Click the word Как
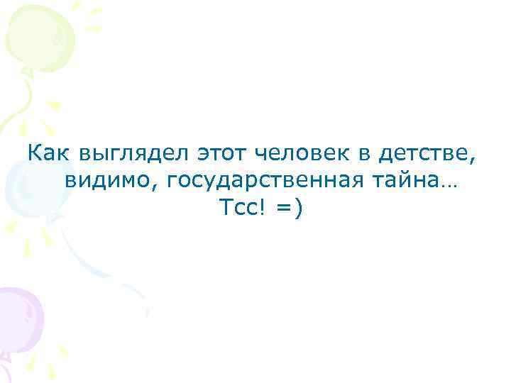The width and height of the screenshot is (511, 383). coord(48,152)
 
